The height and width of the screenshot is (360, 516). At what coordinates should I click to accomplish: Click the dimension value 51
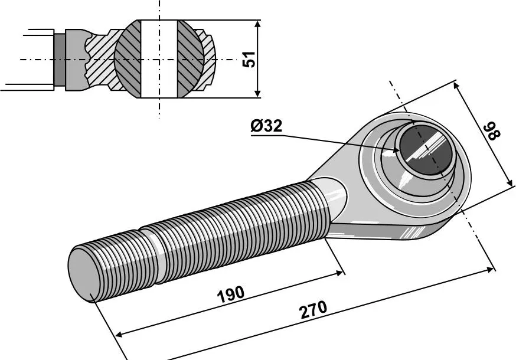point(251,59)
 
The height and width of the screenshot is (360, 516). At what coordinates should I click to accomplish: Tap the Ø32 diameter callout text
point(266,126)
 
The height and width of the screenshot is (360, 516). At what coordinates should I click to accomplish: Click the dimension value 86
point(492,131)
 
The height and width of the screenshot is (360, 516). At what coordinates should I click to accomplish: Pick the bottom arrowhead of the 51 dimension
point(257,94)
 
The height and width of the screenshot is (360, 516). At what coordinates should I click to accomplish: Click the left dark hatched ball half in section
point(128,59)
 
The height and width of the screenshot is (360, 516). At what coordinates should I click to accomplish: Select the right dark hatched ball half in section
point(190,59)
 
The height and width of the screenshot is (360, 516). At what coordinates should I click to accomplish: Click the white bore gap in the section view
point(159,59)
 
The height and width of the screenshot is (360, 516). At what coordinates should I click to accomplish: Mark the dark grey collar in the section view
point(59,59)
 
